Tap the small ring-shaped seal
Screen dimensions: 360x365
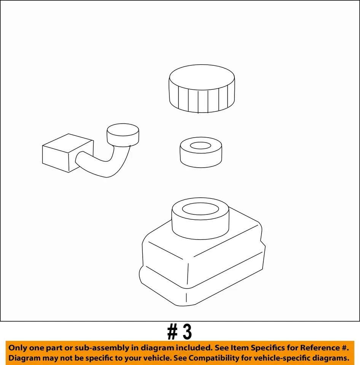(x=201, y=158)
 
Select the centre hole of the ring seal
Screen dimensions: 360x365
(x=201, y=146)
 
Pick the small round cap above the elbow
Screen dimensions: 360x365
(x=123, y=135)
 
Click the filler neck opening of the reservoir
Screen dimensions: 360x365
(x=201, y=209)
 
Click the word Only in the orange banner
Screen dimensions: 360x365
(x=18, y=348)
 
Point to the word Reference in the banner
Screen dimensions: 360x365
(x=319, y=348)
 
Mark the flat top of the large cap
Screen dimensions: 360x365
(x=202, y=77)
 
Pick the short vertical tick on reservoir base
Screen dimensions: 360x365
(x=186, y=297)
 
